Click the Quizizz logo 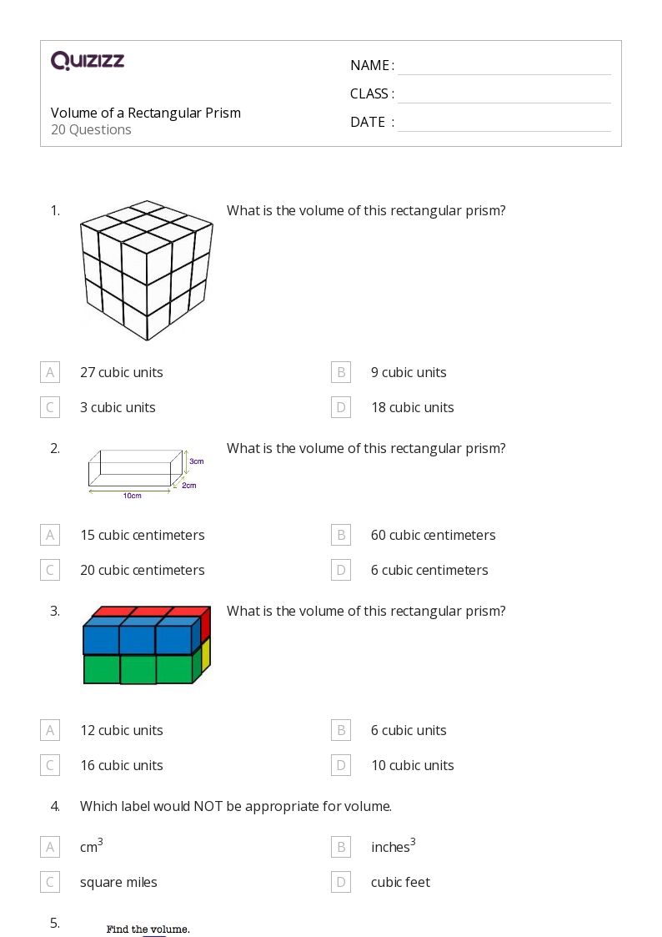pyautogui.click(x=88, y=61)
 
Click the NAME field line pyautogui.click(x=504, y=66)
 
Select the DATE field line pyautogui.click(x=504, y=123)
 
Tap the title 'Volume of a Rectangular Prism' pyautogui.click(x=146, y=113)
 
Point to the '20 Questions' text pyautogui.click(x=91, y=129)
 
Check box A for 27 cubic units pyautogui.click(x=50, y=372)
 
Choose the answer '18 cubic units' pyautogui.click(x=412, y=407)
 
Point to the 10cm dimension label pyautogui.click(x=132, y=496)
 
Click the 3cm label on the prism pyautogui.click(x=196, y=461)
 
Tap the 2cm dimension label pyautogui.click(x=189, y=485)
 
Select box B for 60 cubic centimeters pyautogui.click(x=340, y=535)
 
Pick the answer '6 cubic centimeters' pyautogui.click(x=429, y=570)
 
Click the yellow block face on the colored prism pyautogui.click(x=205, y=658)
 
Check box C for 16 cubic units pyautogui.click(x=50, y=765)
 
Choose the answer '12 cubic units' pyautogui.click(x=121, y=730)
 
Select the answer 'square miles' pyautogui.click(x=118, y=882)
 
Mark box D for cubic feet pyautogui.click(x=340, y=882)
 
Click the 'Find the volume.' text pyautogui.click(x=148, y=929)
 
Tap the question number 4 pyautogui.click(x=55, y=806)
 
